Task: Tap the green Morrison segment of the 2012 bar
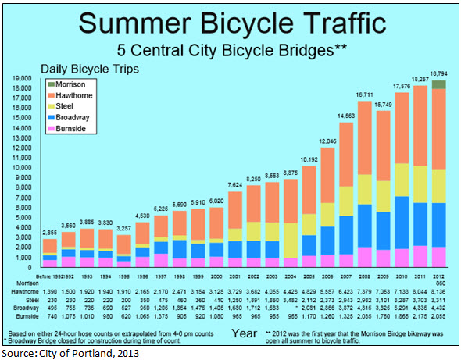(439, 84)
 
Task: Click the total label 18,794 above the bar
(439, 74)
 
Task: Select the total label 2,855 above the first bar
(49, 233)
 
